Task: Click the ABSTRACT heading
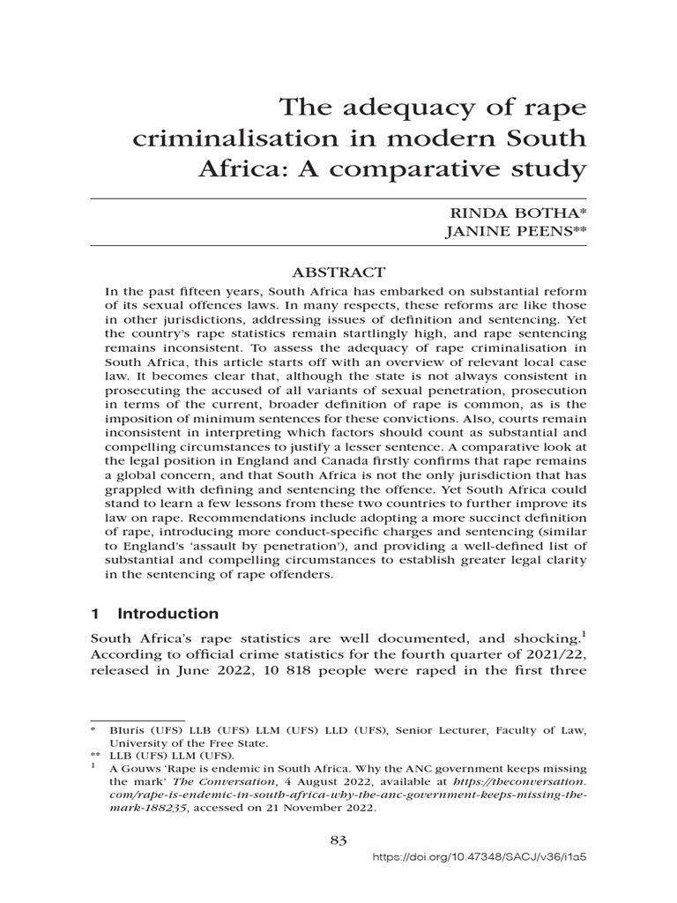pyautogui.click(x=339, y=272)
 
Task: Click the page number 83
pyautogui.click(x=339, y=840)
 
